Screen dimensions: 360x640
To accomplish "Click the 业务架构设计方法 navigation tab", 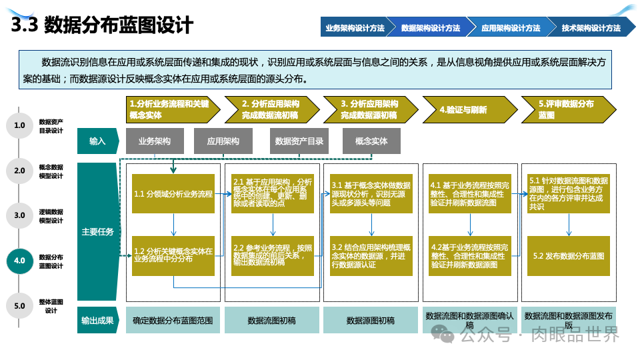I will pos(354,28).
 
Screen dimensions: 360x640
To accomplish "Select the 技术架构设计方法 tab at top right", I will pos(591,28).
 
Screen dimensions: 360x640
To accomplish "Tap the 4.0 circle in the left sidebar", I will pos(19,261).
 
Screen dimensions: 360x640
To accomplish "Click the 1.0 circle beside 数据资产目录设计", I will pos(19,125).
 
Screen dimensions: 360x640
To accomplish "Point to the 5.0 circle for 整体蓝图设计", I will pos(19,306).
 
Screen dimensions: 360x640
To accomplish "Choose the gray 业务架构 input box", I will pos(154,141).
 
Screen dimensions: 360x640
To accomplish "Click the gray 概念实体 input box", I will pos(371,141).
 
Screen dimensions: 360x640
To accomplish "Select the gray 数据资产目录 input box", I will pos(299,141).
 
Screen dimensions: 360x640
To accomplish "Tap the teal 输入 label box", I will pos(97,141).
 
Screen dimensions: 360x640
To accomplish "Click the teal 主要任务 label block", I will pos(97,232).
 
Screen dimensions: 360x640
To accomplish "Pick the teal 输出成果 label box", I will pos(97,320).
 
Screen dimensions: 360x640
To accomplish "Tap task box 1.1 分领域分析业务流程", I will pos(173,194).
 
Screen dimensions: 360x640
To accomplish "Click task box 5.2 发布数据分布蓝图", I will pos(569,256).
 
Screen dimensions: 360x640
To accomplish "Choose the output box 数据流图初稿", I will pos(271,320).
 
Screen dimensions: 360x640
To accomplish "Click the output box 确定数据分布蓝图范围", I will pos(173,320).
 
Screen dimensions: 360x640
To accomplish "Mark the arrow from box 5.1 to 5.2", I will pos(569,225).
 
